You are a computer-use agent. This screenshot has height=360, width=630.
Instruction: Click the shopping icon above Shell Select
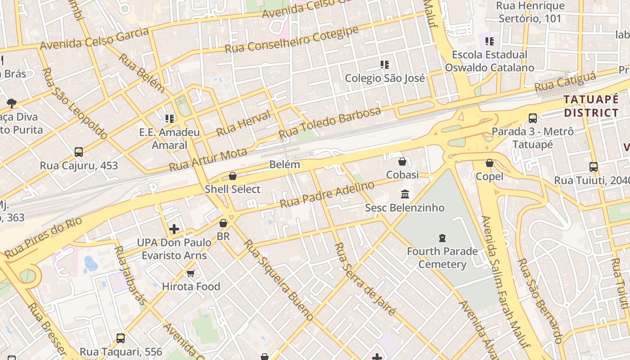click(x=233, y=176)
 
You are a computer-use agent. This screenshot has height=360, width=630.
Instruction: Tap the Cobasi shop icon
click(x=402, y=162)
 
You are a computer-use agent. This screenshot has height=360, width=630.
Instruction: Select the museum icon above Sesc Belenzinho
click(x=405, y=194)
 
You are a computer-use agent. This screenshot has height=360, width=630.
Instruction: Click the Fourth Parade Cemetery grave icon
click(x=442, y=238)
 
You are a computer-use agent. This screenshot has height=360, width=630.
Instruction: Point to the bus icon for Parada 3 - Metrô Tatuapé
click(x=533, y=118)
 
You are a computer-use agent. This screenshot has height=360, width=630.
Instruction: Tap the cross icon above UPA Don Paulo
click(x=174, y=229)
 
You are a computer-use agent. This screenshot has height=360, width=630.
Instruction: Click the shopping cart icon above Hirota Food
click(x=191, y=273)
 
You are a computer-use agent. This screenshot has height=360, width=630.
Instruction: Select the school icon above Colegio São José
click(x=384, y=65)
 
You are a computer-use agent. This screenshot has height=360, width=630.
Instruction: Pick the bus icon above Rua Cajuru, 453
click(x=79, y=152)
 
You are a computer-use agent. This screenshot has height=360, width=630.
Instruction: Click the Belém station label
click(x=284, y=164)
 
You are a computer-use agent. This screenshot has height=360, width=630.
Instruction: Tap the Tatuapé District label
click(x=591, y=106)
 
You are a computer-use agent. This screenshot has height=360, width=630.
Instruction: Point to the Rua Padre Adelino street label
click(x=327, y=194)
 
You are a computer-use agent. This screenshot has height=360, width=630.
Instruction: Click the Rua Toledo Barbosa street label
click(x=330, y=122)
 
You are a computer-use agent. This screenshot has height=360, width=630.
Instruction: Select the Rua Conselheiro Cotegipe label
click(x=292, y=40)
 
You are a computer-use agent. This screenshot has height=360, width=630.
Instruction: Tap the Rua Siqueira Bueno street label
click(x=278, y=280)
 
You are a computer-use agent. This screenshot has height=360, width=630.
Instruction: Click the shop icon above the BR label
click(x=223, y=223)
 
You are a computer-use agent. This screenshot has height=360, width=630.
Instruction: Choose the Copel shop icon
click(x=490, y=163)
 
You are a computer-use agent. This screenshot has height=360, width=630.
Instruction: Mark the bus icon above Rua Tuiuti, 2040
click(x=594, y=167)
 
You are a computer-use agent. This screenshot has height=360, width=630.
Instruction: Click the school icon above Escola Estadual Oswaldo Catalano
click(x=490, y=41)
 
